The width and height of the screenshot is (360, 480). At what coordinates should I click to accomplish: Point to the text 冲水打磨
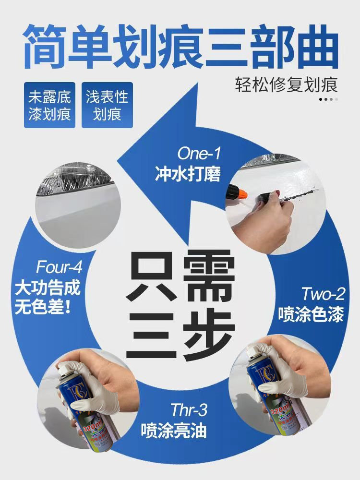[x=188, y=174]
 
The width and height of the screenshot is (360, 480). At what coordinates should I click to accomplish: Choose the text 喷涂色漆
[x=311, y=315]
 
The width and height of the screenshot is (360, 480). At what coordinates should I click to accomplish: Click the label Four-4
[x=59, y=267]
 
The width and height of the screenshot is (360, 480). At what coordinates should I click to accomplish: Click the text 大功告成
[x=48, y=288]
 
